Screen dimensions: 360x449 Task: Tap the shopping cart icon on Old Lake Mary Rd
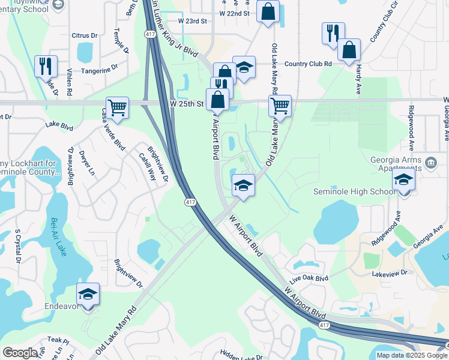point(280,106)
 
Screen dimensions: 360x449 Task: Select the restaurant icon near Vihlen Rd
point(46,66)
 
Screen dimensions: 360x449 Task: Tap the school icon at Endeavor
point(88,294)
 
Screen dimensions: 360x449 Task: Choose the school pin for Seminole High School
point(403,179)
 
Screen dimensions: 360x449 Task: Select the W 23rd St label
point(192,21)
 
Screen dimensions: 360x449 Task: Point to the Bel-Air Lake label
point(59,236)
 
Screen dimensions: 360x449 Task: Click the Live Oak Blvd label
point(309,279)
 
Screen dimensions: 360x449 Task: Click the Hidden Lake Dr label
point(241,356)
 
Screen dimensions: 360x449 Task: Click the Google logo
point(20,353)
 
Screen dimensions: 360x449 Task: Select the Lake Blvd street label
point(59,127)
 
